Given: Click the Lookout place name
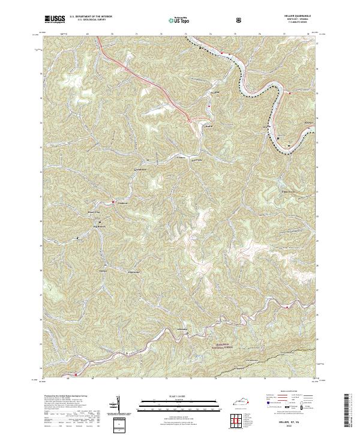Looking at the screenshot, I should (122, 202).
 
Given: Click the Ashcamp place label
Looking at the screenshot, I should (183, 330).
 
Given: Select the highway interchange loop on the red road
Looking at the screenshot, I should (189, 121).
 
